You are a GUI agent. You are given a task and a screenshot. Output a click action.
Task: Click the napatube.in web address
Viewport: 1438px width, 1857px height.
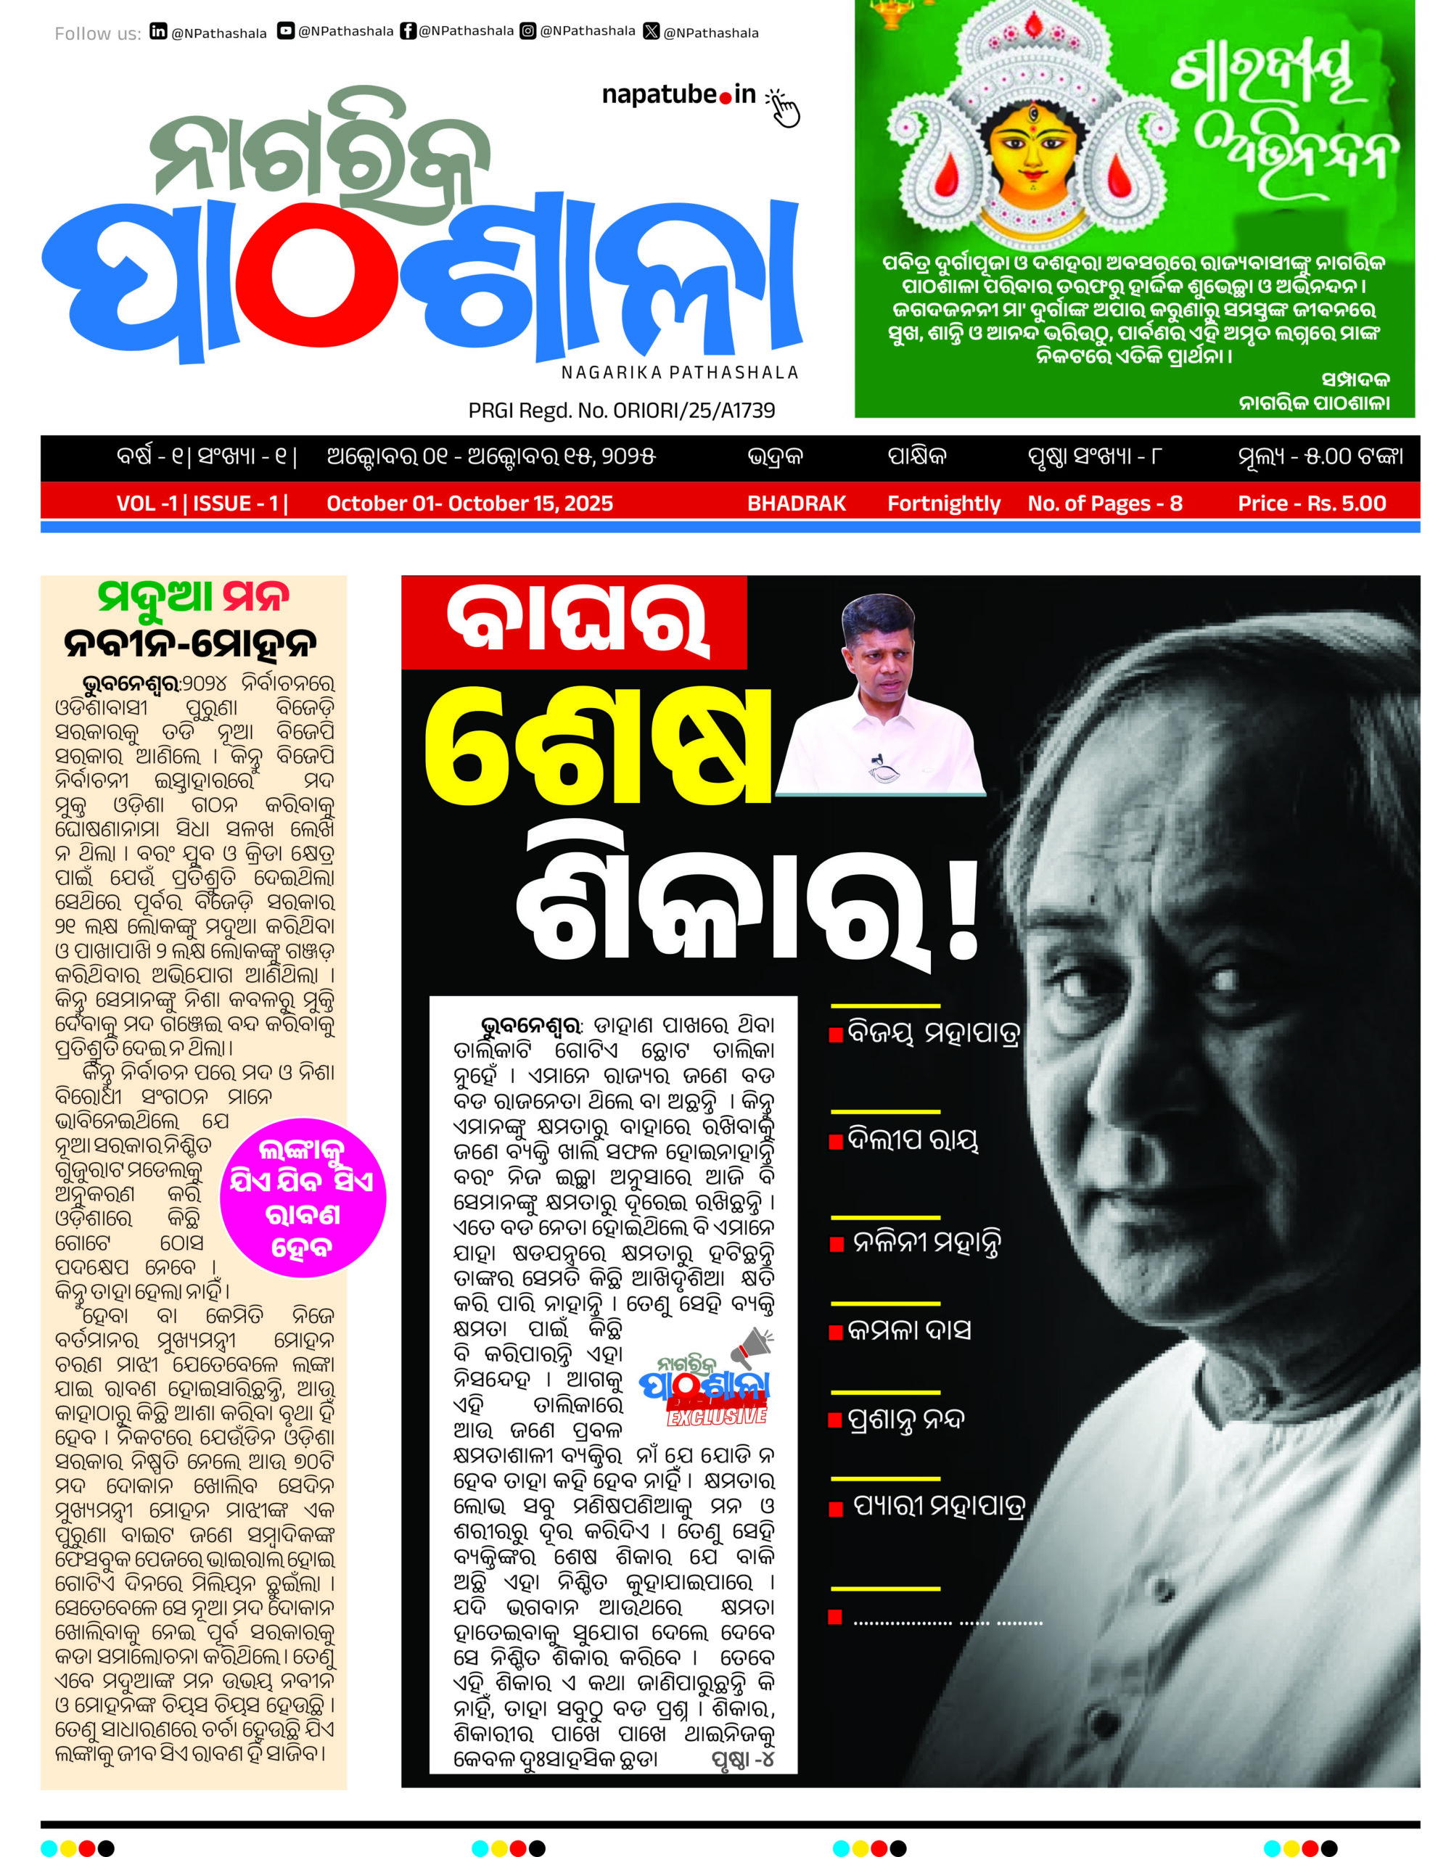pos(678,94)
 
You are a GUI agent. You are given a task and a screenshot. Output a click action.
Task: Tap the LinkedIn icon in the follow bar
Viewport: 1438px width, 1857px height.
pos(158,31)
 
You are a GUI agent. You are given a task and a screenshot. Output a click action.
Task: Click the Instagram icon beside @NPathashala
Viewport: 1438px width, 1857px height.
pos(528,31)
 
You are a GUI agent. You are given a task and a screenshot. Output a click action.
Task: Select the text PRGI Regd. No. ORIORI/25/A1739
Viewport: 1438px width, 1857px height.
pos(622,411)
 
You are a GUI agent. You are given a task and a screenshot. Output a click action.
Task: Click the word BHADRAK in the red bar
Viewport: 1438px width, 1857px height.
pos(796,503)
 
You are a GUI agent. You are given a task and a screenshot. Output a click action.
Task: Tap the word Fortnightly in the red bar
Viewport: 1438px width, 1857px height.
pos(944,503)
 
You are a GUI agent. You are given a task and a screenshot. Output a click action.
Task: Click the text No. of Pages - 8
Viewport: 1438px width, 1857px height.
pos(1105,503)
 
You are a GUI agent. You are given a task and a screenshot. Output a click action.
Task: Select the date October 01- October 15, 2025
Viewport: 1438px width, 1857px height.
pos(469,503)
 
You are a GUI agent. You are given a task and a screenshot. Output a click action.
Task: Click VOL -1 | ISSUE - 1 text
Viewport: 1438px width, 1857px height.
pos(202,503)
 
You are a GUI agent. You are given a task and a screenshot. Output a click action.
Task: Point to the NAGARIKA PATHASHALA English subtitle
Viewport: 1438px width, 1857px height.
pos(679,372)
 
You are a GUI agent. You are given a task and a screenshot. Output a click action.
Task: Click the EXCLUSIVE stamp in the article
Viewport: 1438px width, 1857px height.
pos(717,1416)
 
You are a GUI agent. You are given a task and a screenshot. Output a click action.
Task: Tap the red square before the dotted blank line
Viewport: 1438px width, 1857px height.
pos(835,1617)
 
